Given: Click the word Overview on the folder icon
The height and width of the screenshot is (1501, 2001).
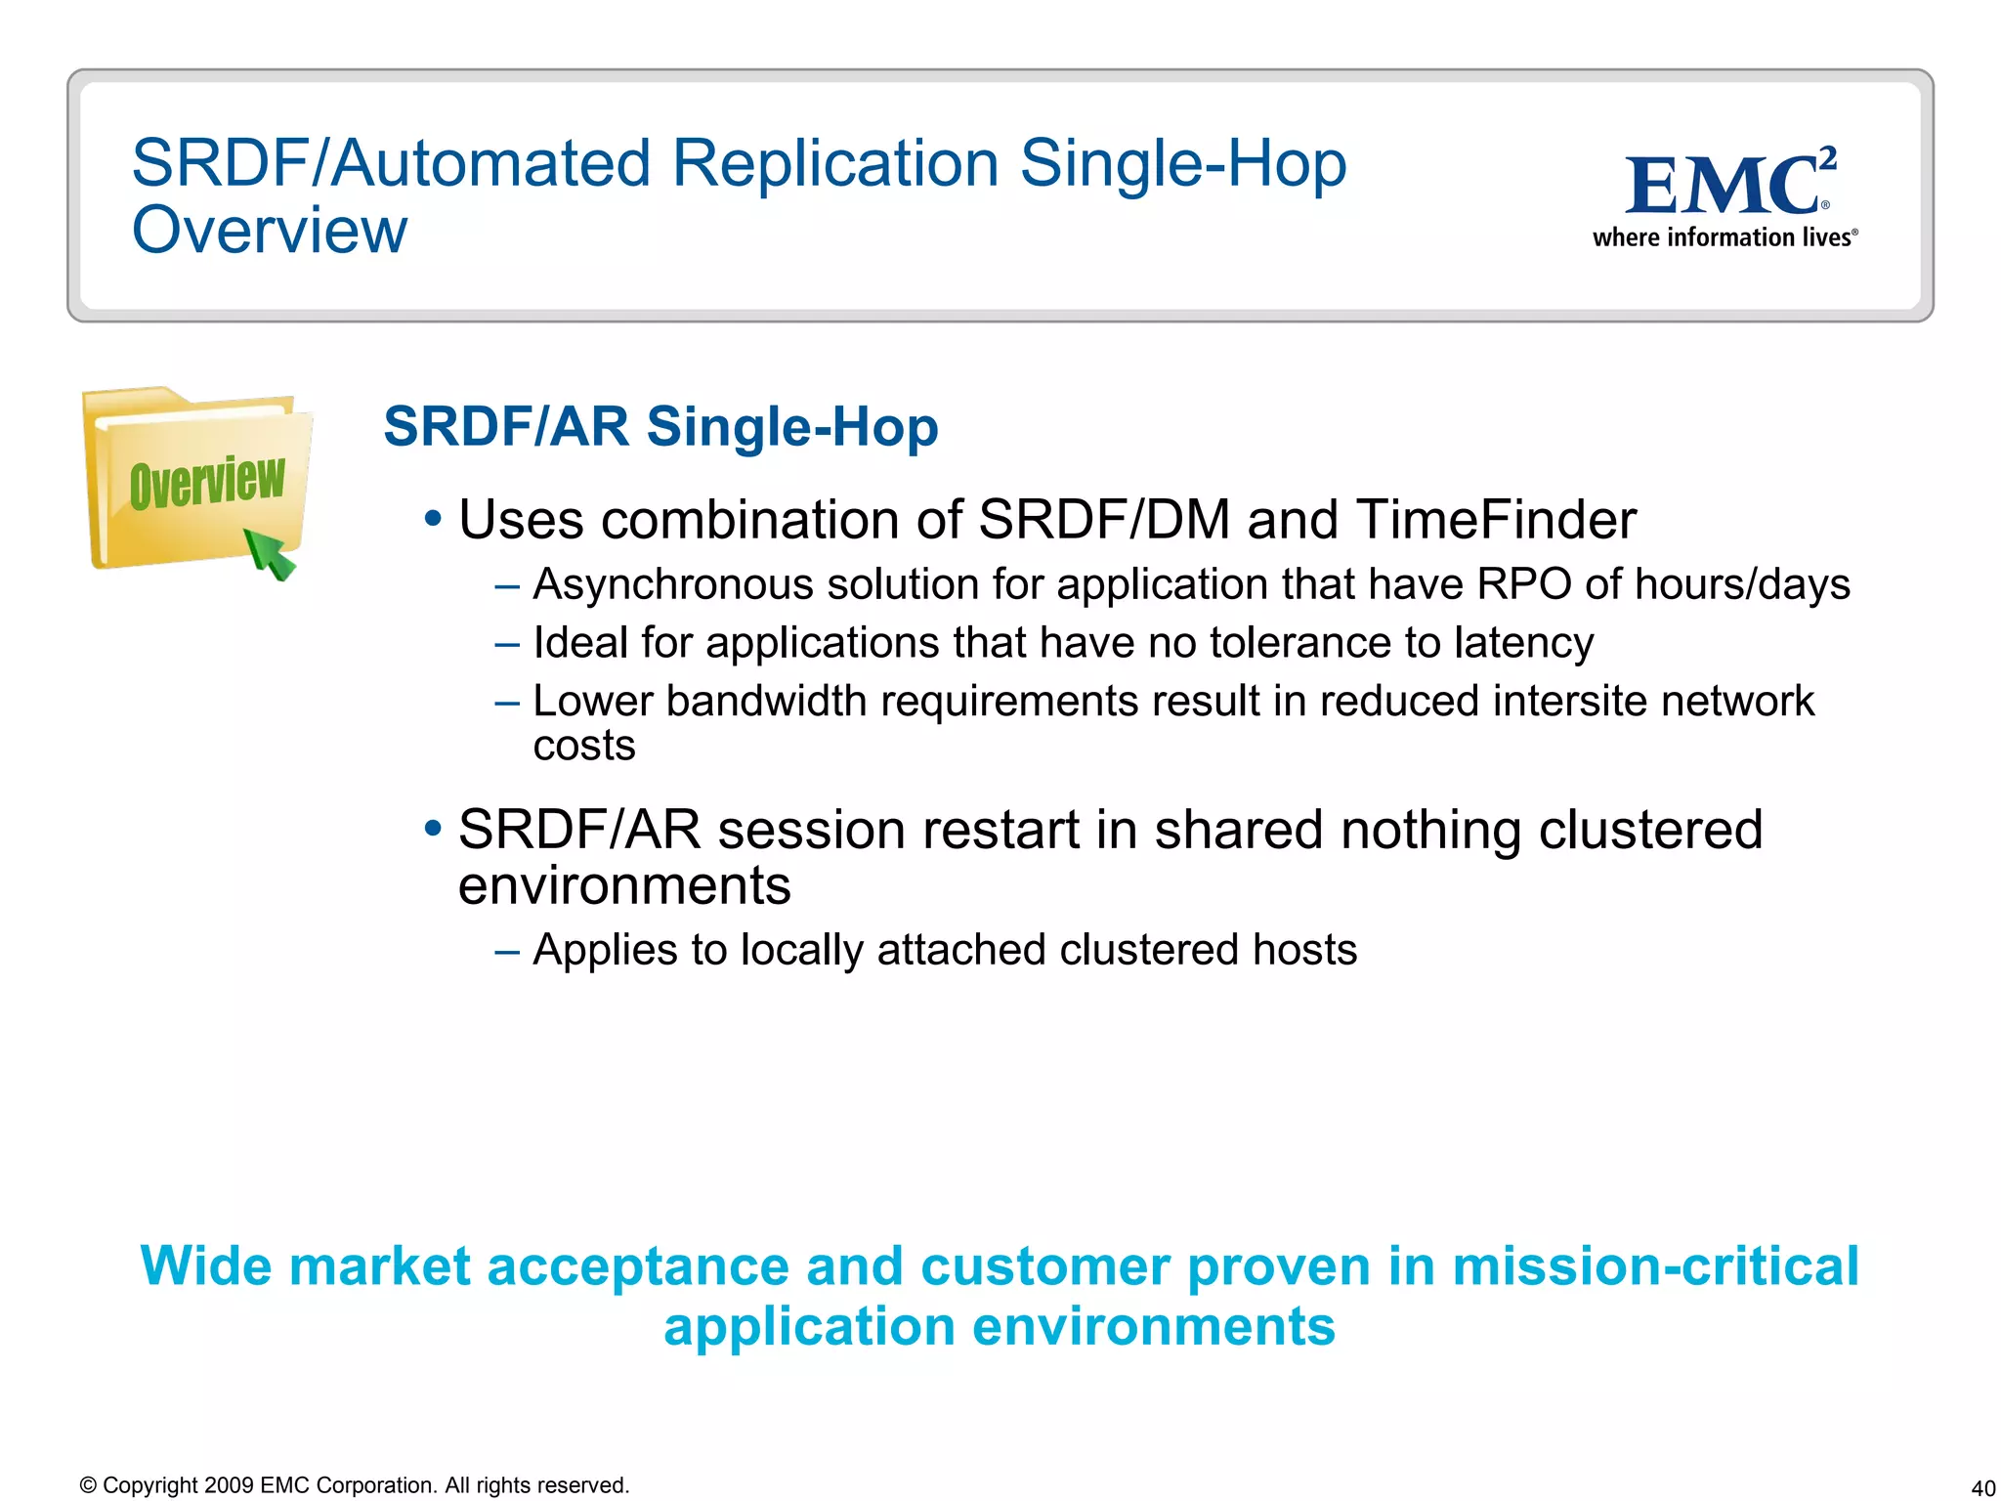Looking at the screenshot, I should [207, 481].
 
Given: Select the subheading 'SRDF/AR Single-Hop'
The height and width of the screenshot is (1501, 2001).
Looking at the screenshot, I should [660, 427].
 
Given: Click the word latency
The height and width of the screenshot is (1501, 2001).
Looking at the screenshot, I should [1523, 643].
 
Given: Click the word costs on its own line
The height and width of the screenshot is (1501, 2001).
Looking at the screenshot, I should [584, 746].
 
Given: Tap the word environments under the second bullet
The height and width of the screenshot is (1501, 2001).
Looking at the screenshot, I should [624, 885].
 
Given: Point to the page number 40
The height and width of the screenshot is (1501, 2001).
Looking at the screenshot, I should [1982, 1488].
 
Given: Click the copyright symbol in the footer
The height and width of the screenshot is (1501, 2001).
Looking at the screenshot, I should [88, 1485].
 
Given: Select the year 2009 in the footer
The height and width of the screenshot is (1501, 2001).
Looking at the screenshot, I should [229, 1485].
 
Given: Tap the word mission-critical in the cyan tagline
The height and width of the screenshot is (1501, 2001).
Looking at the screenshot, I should [1655, 1266].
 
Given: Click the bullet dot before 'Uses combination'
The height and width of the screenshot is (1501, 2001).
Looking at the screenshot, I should [433, 517].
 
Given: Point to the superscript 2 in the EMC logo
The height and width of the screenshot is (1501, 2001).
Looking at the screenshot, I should [1828, 157].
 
